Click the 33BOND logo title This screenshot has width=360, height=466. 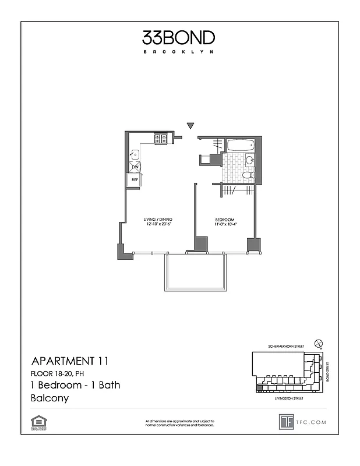178,38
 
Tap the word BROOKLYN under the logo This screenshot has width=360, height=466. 178,52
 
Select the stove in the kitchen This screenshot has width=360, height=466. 161,139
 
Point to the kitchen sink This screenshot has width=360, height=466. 135,155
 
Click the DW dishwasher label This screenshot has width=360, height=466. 135,167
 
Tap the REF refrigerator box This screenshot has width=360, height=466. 135,180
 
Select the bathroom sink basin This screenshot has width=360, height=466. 249,160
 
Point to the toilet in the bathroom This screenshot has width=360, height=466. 247,174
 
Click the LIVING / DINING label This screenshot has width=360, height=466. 158,220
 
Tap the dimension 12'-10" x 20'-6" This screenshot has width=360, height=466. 158,225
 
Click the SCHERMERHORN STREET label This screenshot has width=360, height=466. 284,347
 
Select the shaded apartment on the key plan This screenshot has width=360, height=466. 259,387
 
